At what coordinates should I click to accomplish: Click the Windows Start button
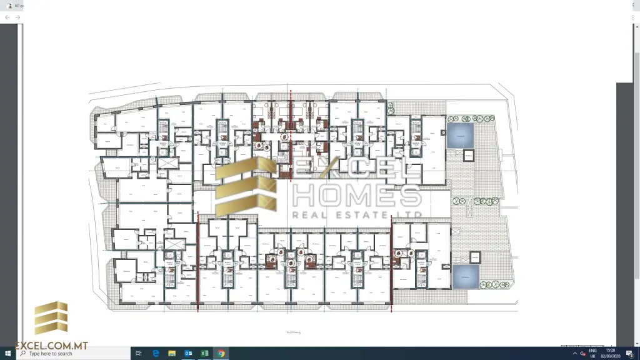pyautogui.click(x=7, y=354)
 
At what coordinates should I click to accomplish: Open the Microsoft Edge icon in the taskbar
pyautogui.click(x=156, y=354)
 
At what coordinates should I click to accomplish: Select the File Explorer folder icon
pyautogui.click(x=172, y=354)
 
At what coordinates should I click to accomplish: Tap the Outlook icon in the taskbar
pyautogui.click(x=188, y=354)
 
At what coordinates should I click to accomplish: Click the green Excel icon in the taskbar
pyautogui.click(x=204, y=354)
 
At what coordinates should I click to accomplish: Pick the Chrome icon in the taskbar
pyautogui.click(x=221, y=354)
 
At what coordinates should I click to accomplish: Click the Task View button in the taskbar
pyautogui.click(x=139, y=354)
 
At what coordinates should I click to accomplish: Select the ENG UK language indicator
pyautogui.click(x=592, y=354)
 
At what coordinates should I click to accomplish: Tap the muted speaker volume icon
pyautogui.click(x=582, y=354)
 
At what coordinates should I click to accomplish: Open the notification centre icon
pyautogui.click(x=629, y=354)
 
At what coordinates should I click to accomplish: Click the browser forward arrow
pyautogui.click(x=17, y=17)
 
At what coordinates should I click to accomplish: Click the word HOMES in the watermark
pyautogui.click(x=356, y=196)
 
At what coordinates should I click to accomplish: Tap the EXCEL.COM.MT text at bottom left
pyautogui.click(x=44, y=346)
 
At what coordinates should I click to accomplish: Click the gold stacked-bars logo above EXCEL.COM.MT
pyautogui.click(x=51, y=318)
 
